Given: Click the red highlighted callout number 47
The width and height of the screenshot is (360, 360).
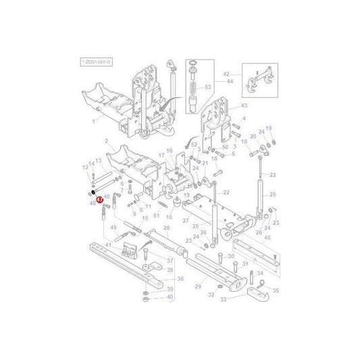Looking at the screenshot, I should point(98,201).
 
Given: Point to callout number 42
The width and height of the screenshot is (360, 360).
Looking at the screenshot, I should point(227,74).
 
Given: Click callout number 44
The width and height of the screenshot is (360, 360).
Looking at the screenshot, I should point(230,81).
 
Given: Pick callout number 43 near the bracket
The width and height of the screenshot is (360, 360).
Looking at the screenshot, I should point(244,106).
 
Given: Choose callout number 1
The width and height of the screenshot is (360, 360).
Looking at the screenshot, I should point(95,120).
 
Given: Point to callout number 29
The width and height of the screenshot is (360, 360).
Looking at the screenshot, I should point(198,287).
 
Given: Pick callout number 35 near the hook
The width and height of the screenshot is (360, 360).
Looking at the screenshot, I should point(274,290).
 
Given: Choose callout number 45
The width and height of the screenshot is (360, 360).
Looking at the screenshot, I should point(267,237).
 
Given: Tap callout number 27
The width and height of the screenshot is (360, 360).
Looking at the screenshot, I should point(185,221).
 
